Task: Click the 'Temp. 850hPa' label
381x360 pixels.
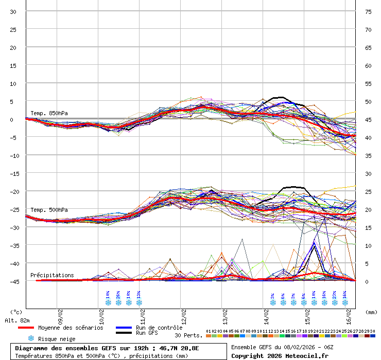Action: tap(49, 113)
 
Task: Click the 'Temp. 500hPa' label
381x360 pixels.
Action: tap(49, 210)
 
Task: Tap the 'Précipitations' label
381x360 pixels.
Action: tap(52, 275)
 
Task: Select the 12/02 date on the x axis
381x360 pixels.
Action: tap(184, 312)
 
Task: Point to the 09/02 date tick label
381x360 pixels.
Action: tap(60, 312)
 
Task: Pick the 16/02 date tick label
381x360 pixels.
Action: tap(349, 312)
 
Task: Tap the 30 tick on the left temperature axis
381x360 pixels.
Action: tap(13, 12)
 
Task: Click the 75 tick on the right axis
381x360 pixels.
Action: tap(368, 12)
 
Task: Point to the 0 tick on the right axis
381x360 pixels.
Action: tap(368, 281)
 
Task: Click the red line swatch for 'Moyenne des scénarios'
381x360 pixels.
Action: tap(26, 328)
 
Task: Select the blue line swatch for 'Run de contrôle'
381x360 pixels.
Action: tap(124, 328)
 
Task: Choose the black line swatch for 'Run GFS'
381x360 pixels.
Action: tap(124, 333)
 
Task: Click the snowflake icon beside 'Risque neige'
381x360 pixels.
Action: tap(31, 338)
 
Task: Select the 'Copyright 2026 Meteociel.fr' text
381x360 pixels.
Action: tap(280, 355)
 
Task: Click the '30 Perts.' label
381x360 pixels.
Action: tap(188, 335)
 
